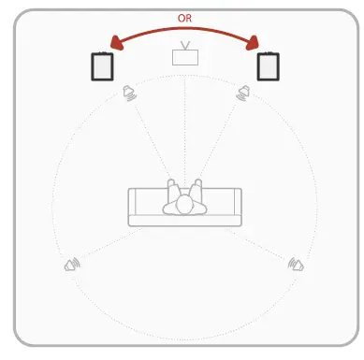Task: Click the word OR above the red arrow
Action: (x=184, y=18)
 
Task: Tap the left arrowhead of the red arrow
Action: (x=116, y=42)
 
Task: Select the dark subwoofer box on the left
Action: (x=102, y=66)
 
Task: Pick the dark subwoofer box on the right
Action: (x=268, y=66)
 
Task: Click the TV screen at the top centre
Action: (x=185, y=57)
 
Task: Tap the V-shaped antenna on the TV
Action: (x=185, y=44)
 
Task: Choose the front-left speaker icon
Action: (x=131, y=93)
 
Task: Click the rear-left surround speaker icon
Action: (x=72, y=266)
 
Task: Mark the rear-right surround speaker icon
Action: (x=298, y=265)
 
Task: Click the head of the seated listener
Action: (x=184, y=202)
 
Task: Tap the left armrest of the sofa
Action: (x=133, y=207)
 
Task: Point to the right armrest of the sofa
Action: (x=237, y=207)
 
